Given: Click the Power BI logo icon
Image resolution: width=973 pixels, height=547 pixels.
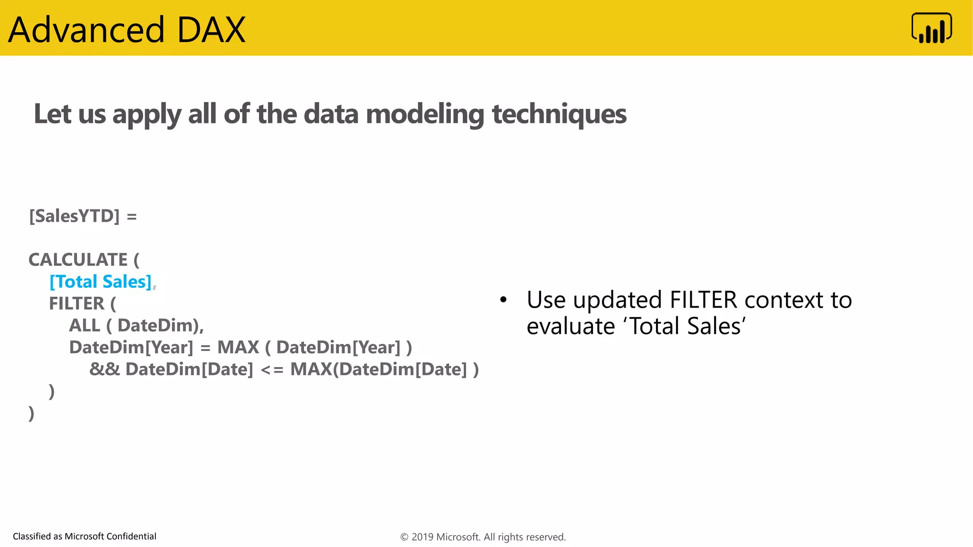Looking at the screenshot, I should (x=931, y=28).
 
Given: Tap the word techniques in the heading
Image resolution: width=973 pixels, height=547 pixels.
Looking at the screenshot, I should (x=559, y=114).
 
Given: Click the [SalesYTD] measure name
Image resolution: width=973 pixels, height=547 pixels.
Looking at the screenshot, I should (x=75, y=216).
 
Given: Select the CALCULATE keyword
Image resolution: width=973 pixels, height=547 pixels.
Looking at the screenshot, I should (x=78, y=260).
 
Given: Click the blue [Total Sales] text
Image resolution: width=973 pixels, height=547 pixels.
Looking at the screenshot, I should (x=101, y=282).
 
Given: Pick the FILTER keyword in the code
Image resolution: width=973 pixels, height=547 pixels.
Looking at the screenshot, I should (x=76, y=303).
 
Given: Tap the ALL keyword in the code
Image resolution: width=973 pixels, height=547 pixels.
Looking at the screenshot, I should (x=85, y=325).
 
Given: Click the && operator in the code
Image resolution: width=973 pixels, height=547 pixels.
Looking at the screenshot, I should (x=105, y=369).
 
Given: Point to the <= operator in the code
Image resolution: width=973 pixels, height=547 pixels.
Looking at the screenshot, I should (x=272, y=369).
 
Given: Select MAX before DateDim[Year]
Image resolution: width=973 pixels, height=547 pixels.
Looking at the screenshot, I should (x=238, y=347).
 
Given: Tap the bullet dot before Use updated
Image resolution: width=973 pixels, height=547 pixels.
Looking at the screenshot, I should (x=504, y=300).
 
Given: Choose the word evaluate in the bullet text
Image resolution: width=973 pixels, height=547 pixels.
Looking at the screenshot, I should (x=571, y=326).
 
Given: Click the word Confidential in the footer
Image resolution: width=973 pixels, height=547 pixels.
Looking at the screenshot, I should (x=131, y=536).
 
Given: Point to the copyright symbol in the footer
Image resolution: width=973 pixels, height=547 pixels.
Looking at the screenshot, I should (x=404, y=537).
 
